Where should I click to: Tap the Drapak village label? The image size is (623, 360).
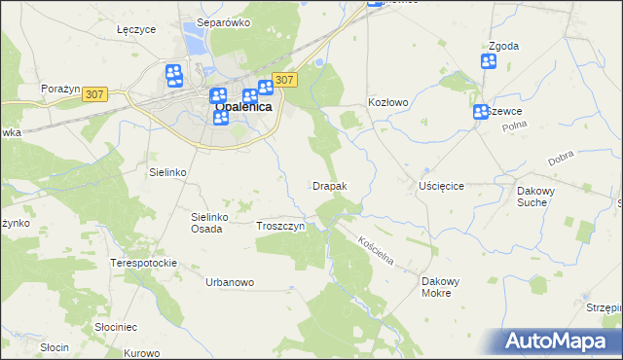click(x=330, y=185)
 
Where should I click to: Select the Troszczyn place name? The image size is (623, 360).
click(x=281, y=227)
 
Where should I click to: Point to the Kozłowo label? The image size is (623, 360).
click(x=387, y=101)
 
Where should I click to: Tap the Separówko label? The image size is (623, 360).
click(x=224, y=21)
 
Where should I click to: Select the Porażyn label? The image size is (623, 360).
click(x=59, y=89)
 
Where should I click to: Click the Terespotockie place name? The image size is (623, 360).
click(x=143, y=263)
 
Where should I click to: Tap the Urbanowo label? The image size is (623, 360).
click(x=230, y=282)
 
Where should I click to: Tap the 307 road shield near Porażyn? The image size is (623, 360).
click(x=93, y=94)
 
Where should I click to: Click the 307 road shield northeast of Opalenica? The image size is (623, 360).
click(x=284, y=80)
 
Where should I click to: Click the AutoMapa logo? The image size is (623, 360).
click(x=559, y=342)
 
